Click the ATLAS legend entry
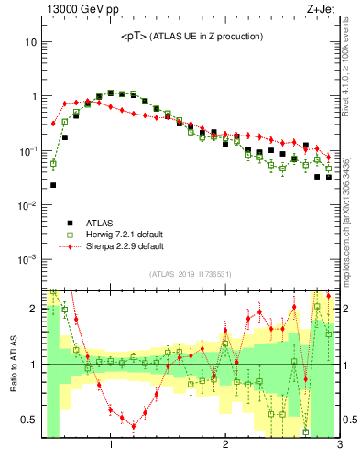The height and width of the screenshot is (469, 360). pos(100,222)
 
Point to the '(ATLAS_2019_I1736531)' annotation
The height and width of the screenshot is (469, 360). pos(191,274)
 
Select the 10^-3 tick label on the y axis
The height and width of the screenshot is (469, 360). pos(27,259)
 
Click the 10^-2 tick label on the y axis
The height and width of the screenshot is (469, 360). pos(27,205)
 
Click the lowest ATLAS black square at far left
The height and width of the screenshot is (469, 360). pos(53,185)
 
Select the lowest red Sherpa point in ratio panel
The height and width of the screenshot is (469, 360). pos(134,426)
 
